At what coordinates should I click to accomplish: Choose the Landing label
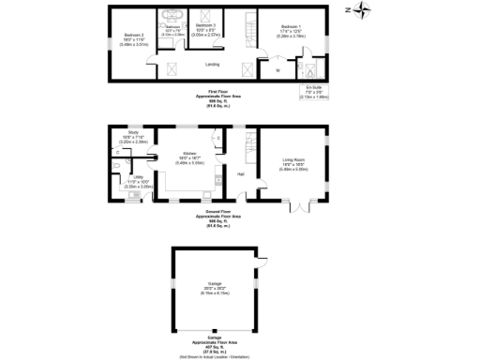(x=213, y=65)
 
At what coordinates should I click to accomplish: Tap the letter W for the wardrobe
(x=277, y=71)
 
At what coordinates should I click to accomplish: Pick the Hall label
(x=241, y=174)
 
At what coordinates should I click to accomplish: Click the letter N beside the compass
(x=347, y=10)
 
